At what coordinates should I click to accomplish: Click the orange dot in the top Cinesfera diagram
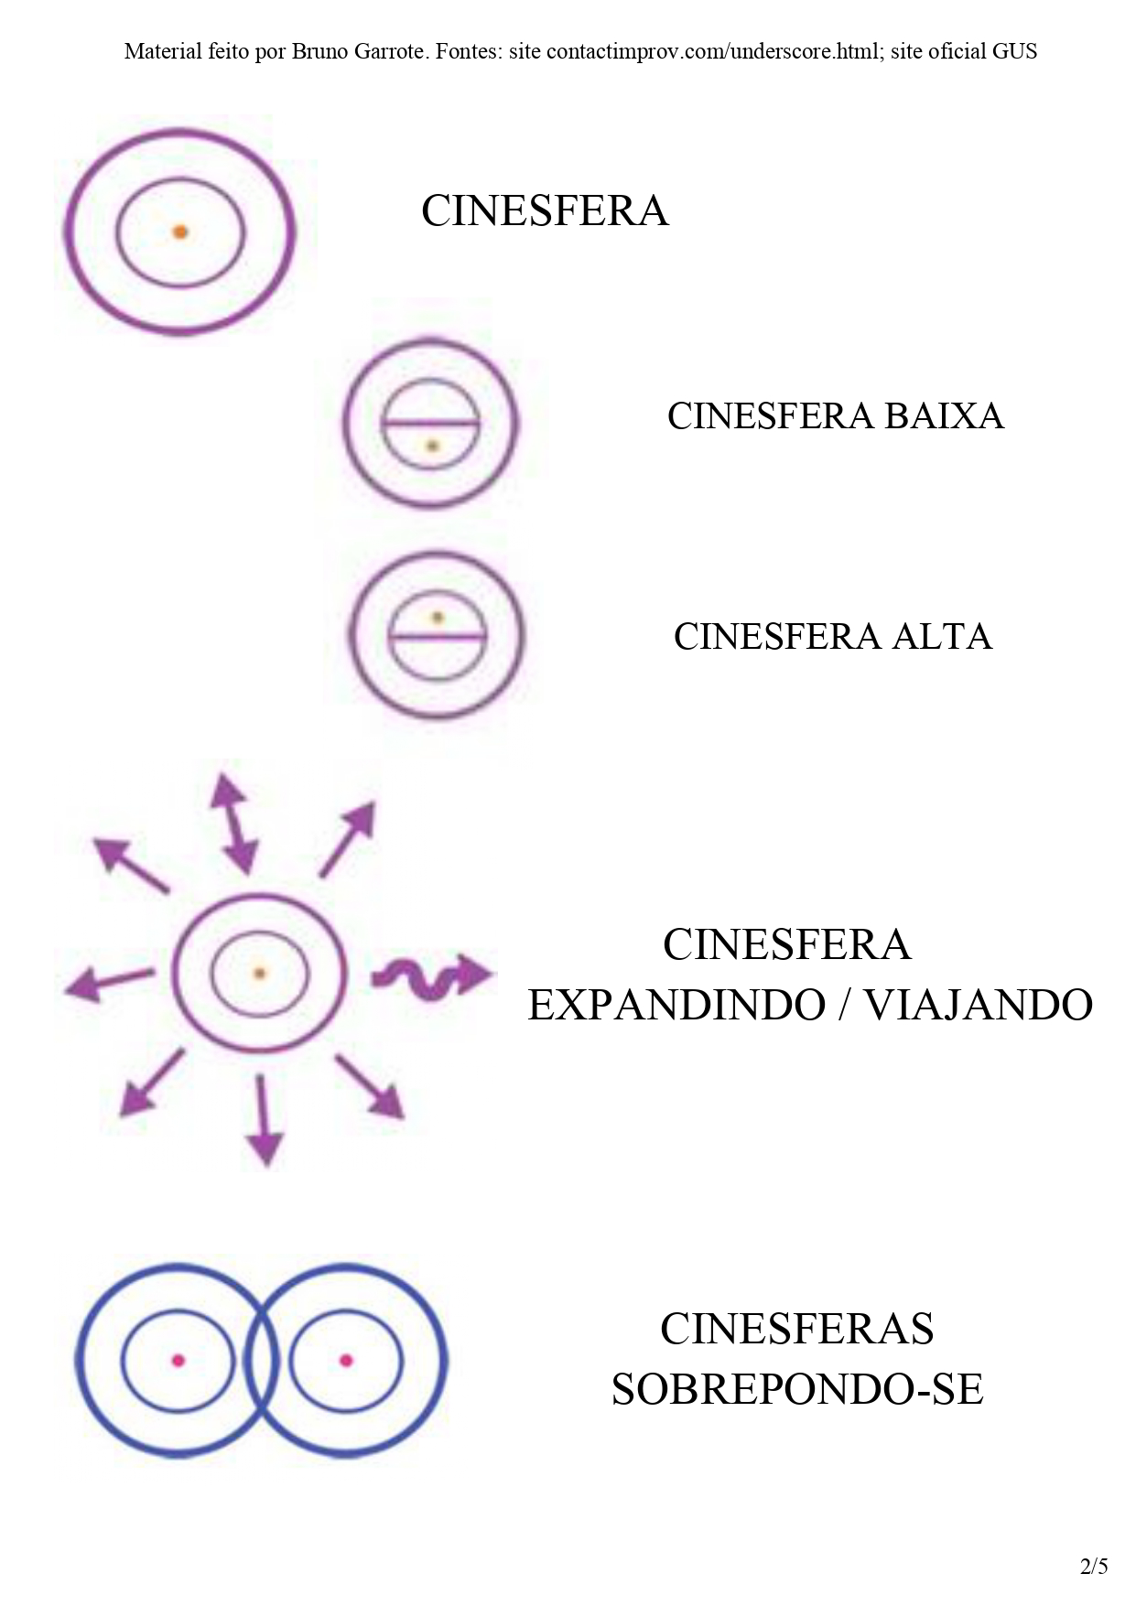(180, 232)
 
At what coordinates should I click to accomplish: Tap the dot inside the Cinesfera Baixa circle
(433, 447)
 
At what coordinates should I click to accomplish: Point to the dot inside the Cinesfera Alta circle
(438, 618)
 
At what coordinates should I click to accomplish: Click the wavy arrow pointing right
(430, 975)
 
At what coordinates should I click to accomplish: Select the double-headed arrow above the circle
(233, 823)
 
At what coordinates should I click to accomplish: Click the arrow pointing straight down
(264, 1120)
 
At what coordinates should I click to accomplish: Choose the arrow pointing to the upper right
(348, 838)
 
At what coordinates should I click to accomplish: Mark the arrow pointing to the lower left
(152, 1083)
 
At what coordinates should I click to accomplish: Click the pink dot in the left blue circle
(179, 1361)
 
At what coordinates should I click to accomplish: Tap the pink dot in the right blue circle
(345, 1361)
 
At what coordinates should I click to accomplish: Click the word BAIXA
(944, 416)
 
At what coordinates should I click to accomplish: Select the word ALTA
(942, 637)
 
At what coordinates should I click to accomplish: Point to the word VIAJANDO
(979, 1005)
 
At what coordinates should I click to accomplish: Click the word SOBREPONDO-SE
(797, 1390)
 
